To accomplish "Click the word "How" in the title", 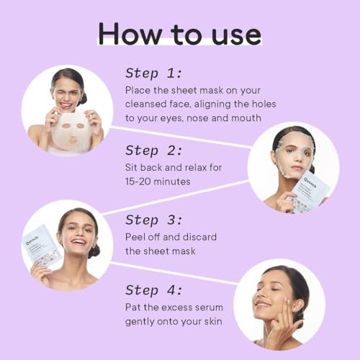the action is click(x=130, y=33).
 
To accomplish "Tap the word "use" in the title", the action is click(x=236, y=35).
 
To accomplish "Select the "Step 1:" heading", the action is click(x=154, y=73).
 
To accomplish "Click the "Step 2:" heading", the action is click(x=154, y=150).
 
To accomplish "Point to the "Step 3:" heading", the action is click(x=154, y=220).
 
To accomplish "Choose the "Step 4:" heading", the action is click(x=154, y=290).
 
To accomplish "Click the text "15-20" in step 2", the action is click(x=138, y=181).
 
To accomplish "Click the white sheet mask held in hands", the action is click(x=71, y=132).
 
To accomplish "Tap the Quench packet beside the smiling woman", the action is click(x=41, y=247).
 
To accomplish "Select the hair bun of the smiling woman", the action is click(x=94, y=251).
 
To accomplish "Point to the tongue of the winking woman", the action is click(x=64, y=105).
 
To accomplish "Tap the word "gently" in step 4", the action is click(x=140, y=322).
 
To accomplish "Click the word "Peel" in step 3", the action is click(x=135, y=237).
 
